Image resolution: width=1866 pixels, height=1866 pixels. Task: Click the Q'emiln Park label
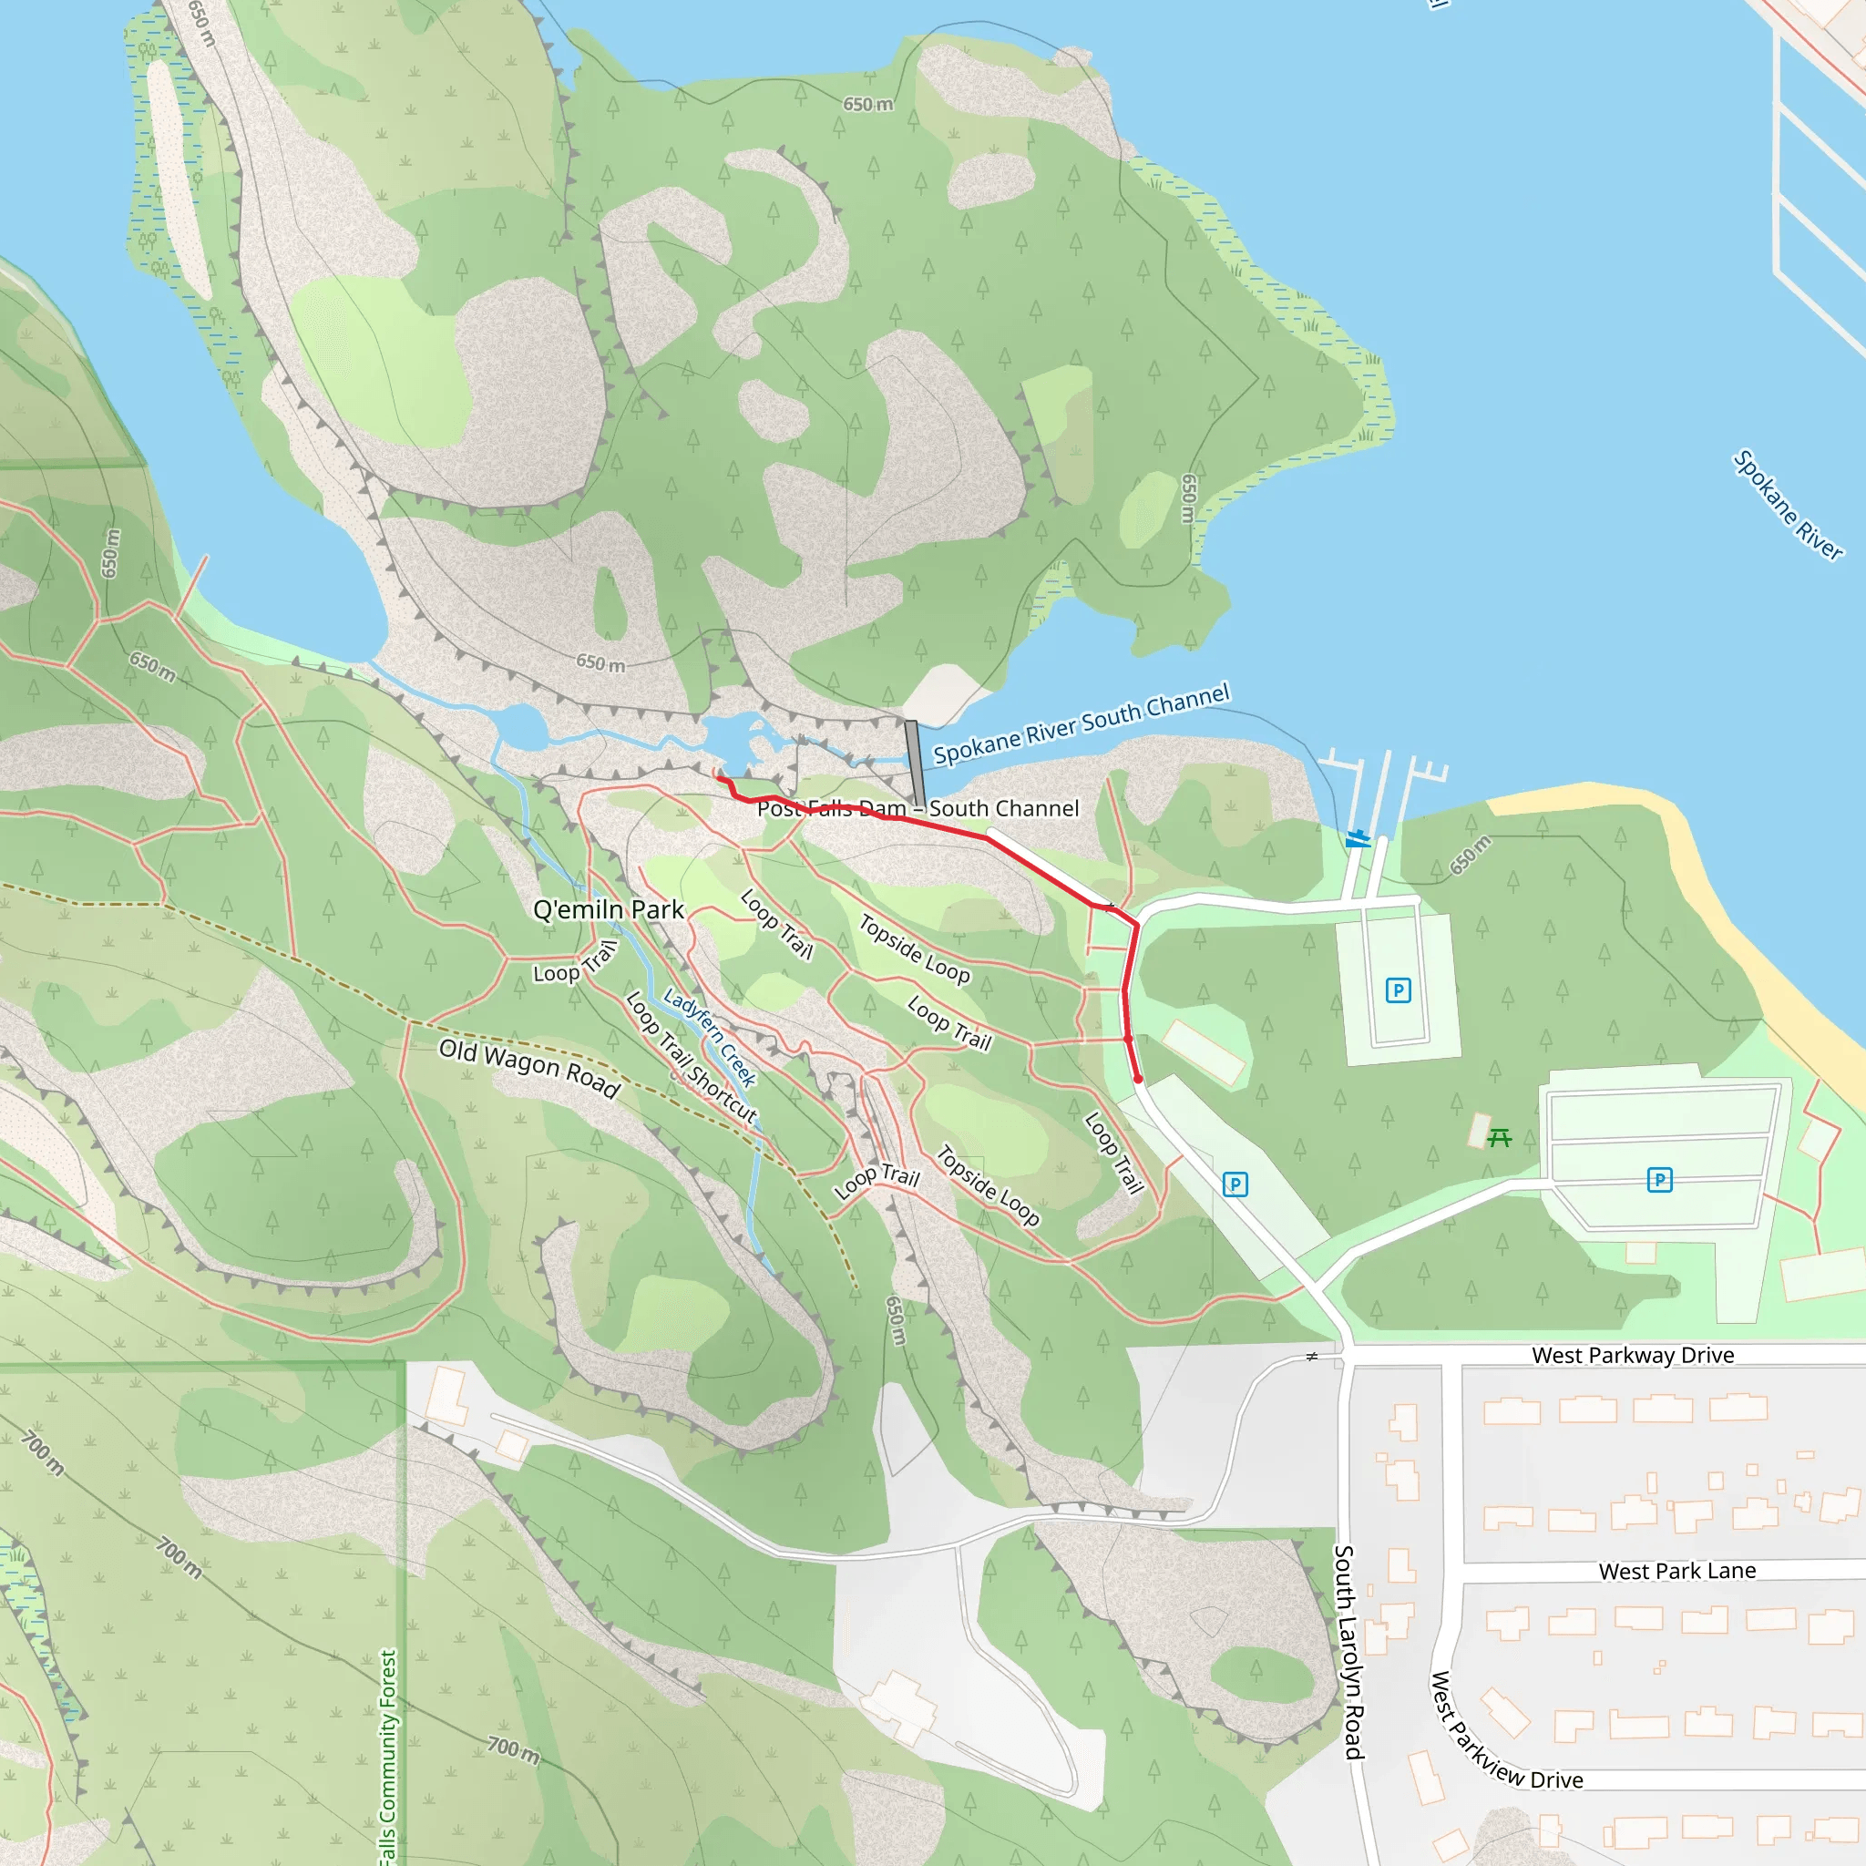click(609, 910)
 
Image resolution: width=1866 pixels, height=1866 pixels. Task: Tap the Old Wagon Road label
click(529, 1068)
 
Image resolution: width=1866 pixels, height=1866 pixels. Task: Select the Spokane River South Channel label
click(1081, 723)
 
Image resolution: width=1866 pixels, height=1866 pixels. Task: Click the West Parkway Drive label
click(1632, 1355)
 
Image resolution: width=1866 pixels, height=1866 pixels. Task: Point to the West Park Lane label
click(1676, 1571)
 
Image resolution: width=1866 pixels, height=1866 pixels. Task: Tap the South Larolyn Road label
click(1348, 1652)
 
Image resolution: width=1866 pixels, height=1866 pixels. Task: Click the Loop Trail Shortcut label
click(692, 1058)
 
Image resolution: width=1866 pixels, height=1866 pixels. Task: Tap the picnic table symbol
click(1499, 1138)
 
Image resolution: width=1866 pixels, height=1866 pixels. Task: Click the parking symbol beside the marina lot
click(1398, 990)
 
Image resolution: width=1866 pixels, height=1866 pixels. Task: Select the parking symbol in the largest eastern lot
click(1659, 1179)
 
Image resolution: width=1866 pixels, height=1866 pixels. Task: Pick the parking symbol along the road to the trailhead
click(1235, 1184)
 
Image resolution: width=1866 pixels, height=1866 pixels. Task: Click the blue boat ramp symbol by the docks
click(1358, 837)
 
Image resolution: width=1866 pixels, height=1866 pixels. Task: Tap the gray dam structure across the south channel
click(915, 763)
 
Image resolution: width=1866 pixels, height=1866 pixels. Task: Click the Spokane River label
click(1788, 504)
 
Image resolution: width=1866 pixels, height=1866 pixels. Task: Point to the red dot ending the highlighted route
click(1138, 1079)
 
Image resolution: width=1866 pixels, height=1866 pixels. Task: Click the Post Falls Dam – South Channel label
click(918, 808)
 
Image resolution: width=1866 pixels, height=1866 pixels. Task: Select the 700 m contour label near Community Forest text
click(513, 1748)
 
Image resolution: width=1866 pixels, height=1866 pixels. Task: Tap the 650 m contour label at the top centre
click(867, 104)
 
